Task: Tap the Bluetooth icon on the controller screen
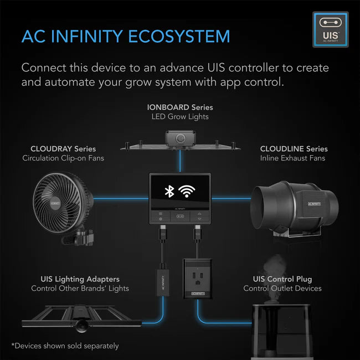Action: coord(169,192)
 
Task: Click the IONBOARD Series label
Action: coord(179,107)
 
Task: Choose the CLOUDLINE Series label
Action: coord(294,149)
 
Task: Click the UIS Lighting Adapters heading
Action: coord(80,279)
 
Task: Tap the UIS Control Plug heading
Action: coord(282,279)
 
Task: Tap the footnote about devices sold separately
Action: coord(65,346)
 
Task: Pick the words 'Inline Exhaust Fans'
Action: coord(292,158)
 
